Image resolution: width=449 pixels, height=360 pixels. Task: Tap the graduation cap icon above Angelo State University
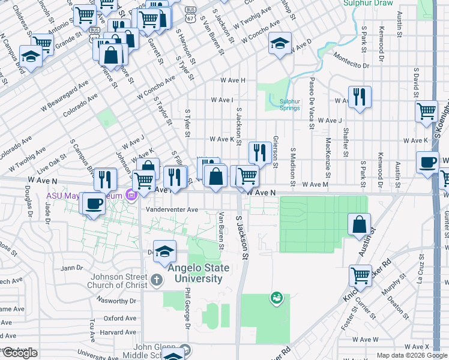point(164,251)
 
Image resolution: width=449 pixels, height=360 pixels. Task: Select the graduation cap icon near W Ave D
point(280,43)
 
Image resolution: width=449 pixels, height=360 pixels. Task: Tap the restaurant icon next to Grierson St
point(260,152)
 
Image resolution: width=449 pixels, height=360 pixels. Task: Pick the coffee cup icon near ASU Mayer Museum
point(92,203)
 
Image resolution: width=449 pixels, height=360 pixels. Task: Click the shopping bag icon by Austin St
point(359,224)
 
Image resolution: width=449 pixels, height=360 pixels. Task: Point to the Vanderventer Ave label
point(172,210)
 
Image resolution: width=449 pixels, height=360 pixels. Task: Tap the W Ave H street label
point(232,80)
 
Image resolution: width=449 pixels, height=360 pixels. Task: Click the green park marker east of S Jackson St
point(276,296)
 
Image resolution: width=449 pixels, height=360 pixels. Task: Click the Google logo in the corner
point(20,353)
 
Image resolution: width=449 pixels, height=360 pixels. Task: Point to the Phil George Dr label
point(187,308)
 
